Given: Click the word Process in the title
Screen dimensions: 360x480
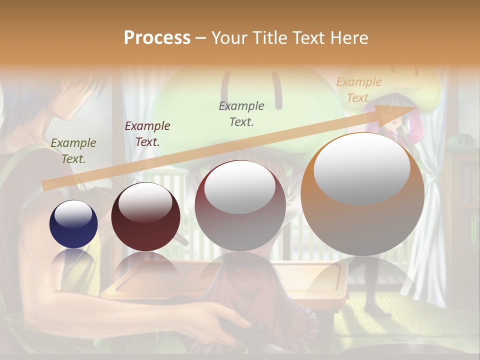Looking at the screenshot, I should (x=157, y=38).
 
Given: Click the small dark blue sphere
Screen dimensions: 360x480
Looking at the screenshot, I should (x=73, y=224).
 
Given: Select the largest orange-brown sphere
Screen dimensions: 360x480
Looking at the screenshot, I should (x=362, y=194).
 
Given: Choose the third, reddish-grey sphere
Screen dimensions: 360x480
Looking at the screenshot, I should (x=240, y=205).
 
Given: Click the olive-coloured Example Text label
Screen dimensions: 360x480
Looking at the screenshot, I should (x=73, y=150).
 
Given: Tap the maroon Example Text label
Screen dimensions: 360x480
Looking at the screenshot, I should (x=147, y=133).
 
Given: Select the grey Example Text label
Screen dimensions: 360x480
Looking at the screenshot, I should (x=241, y=113).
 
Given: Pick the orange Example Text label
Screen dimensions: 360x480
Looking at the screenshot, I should (x=359, y=89).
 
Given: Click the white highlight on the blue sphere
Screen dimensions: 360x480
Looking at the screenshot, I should (x=73, y=214).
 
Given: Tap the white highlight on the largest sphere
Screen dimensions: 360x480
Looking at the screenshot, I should (x=361, y=167).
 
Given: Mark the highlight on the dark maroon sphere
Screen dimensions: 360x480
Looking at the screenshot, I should (x=145, y=201).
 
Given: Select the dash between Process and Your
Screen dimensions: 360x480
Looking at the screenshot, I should (x=201, y=38).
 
